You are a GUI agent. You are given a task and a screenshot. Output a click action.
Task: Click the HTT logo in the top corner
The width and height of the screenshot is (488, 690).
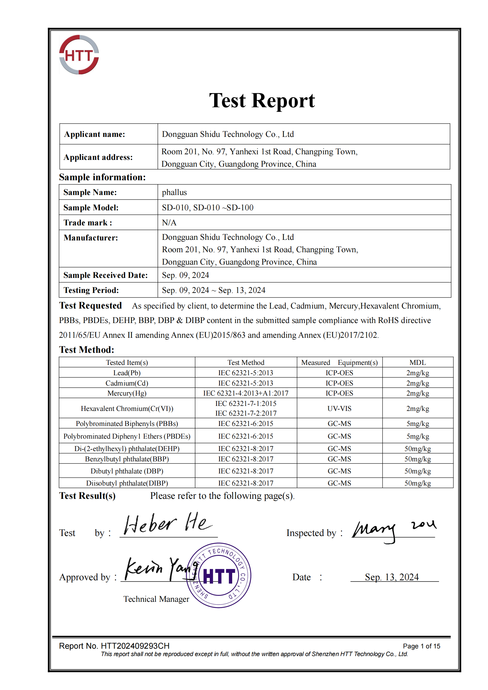pyautogui.click(x=79, y=55)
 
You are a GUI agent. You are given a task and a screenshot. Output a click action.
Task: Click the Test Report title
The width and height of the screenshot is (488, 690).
pyautogui.click(x=262, y=100)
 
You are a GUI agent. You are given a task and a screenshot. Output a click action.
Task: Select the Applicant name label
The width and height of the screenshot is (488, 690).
pyautogui.click(x=94, y=134)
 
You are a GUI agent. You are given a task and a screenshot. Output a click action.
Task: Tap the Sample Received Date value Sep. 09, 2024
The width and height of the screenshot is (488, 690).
pyautogui.click(x=185, y=275)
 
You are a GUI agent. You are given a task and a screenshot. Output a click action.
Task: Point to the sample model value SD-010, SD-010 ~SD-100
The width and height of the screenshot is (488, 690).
pyautogui.click(x=208, y=207)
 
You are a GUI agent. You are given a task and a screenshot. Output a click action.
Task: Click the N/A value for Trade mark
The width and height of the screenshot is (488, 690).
pyautogui.click(x=169, y=222)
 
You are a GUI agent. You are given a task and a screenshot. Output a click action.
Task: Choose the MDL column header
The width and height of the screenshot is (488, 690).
pyautogui.click(x=417, y=363)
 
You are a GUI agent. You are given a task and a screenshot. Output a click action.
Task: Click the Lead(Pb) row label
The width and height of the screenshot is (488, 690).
pyautogui.click(x=127, y=373)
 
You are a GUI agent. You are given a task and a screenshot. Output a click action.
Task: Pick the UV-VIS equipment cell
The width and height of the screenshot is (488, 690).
pyautogui.click(x=339, y=408)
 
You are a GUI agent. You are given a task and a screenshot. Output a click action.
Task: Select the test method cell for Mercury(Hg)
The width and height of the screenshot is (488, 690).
pyautogui.click(x=245, y=393)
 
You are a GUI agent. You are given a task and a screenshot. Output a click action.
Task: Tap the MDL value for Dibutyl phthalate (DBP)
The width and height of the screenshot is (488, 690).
pyautogui.click(x=417, y=471)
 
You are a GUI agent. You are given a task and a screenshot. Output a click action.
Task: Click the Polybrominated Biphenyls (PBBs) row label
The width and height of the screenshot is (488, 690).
pyautogui.click(x=127, y=423)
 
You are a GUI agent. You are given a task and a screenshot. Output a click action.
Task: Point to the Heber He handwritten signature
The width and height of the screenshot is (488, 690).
pyautogui.click(x=168, y=524)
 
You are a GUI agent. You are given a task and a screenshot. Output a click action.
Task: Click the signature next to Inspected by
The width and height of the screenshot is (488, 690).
pyautogui.click(x=394, y=530)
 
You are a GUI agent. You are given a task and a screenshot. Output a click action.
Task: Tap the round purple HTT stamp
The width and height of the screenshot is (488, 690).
pyautogui.click(x=219, y=576)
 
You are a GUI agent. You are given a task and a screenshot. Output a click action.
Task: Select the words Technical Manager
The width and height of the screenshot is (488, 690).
pyautogui.click(x=156, y=599)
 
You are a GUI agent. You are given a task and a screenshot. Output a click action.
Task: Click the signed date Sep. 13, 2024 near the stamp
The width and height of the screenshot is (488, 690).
pyautogui.click(x=392, y=577)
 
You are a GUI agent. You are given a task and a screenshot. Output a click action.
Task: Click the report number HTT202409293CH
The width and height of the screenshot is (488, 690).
pyautogui.click(x=135, y=646)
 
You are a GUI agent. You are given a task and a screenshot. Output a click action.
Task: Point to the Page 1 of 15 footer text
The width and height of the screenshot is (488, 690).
pyautogui.click(x=421, y=646)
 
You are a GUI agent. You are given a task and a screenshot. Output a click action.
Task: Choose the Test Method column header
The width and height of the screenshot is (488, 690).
pyautogui.click(x=245, y=363)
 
